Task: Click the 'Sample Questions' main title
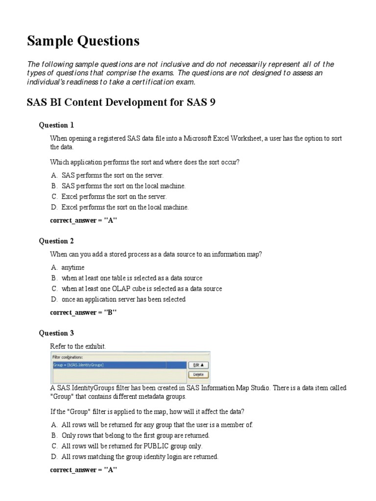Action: [83, 42]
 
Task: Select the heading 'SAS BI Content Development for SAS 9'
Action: [120, 102]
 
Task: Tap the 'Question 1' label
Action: [56, 125]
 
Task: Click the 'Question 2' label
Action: [56, 241]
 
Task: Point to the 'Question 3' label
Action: [56, 333]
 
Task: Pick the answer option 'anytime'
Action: [73, 267]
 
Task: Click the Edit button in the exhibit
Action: [198, 365]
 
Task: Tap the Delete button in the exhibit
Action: [198, 375]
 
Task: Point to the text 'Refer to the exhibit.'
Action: [78, 346]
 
